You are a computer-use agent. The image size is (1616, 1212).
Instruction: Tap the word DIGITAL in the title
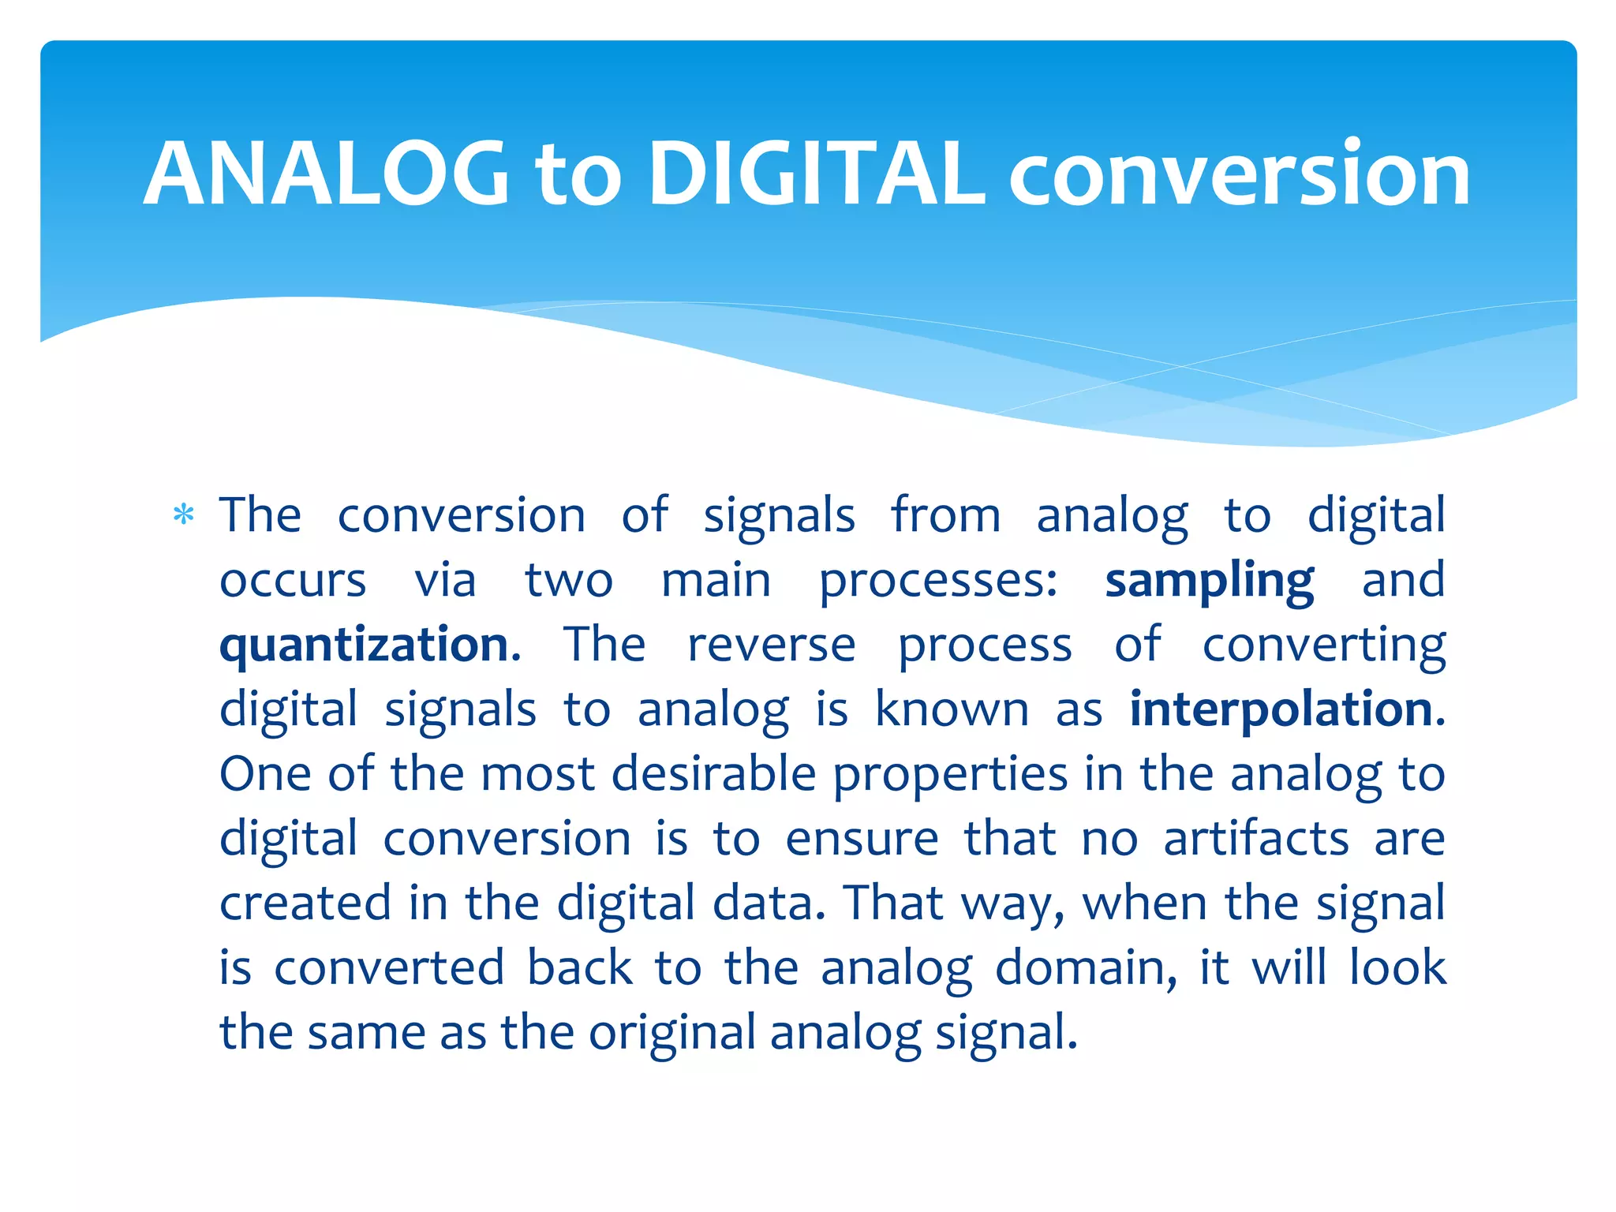tap(816, 174)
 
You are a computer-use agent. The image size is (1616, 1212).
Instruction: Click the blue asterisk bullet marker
tap(184, 516)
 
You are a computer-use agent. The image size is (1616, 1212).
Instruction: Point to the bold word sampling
tap(1209, 582)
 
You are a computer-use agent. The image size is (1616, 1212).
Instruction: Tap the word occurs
tap(293, 581)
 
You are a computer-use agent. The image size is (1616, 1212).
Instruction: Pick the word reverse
tap(771, 645)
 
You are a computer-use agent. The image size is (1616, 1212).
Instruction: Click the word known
tap(952, 709)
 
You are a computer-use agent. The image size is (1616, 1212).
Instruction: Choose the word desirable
tap(713, 773)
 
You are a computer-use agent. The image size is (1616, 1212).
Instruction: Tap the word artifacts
tap(1256, 838)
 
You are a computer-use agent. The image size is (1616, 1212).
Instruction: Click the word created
tap(305, 903)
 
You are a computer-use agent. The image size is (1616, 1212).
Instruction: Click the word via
tap(446, 581)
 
